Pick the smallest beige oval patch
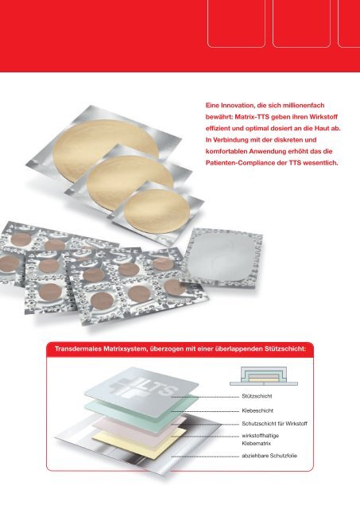pos(157,210)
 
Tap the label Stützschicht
pos(257,396)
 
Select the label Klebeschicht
pos(257,410)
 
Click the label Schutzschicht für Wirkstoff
pos(274,424)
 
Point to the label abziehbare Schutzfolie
pos(269,456)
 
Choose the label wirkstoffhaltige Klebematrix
pos(260,440)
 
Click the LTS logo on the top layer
pos(143,387)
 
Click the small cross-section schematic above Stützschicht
pos(264,376)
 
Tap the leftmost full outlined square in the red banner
pos(236,23)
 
